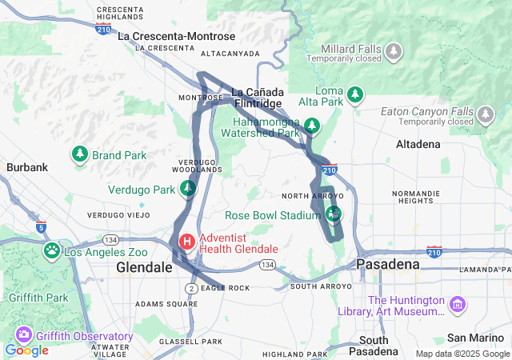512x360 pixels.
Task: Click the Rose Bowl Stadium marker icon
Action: click(333, 214)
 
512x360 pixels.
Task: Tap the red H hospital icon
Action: click(186, 241)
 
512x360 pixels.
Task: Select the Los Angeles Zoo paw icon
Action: click(52, 251)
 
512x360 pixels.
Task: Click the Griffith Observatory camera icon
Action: click(23, 336)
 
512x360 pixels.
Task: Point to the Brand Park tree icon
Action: click(80, 154)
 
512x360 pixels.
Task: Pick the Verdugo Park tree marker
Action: click(187, 189)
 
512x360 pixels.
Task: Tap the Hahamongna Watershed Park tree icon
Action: click(311, 126)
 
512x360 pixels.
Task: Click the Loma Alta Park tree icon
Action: click(356, 94)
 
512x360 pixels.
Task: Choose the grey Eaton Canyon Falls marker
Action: click(484, 118)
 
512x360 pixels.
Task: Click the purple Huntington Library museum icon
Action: click(457, 304)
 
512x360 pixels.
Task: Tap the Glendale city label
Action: click(144, 267)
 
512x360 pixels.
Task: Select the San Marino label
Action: click(476, 337)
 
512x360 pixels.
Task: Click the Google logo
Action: click(26, 350)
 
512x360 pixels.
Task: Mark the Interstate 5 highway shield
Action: click(40, 226)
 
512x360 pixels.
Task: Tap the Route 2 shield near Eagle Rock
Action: click(192, 287)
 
